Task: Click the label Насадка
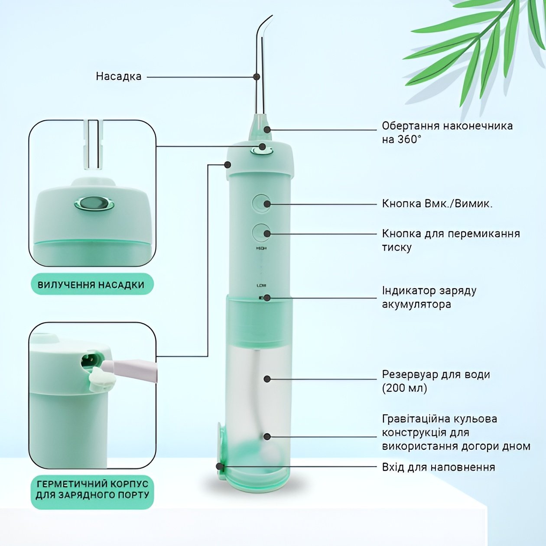pyautogui.click(x=118, y=77)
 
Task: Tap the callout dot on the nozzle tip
pyautogui.click(x=257, y=77)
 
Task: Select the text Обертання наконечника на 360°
pyautogui.click(x=447, y=132)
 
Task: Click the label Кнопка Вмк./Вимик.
pyautogui.click(x=437, y=204)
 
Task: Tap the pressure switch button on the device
pyautogui.click(x=261, y=233)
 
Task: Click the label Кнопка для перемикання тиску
pyautogui.click(x=451, y=240)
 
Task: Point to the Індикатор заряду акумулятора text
pyautogui.click(x=429, y=297)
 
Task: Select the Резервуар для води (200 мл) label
pyautogui.click(x=436, y=381)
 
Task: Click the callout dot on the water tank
pyautogui.click(x=267, y=379)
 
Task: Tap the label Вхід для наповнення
pyautogui.click(x=439, y=467)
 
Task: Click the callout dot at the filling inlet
pyautogui.click(x=219, y=466)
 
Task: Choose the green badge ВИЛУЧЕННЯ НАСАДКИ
pyautogui.click(x=92, y=284)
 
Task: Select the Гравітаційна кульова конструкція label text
pyautogui.click(x=456, y=432)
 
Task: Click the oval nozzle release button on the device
pyautogui.click(x=262, y=151)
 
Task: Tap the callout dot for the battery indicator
pyautogui.click(x=267, y=298)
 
